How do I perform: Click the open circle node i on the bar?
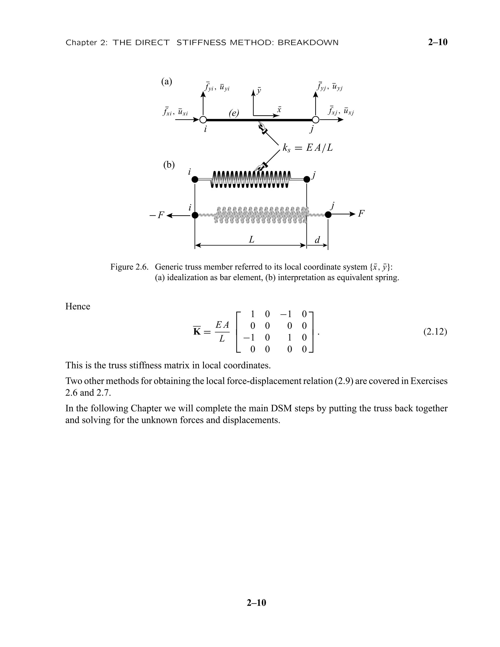pos(203,120)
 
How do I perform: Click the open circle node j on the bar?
pos(316,120)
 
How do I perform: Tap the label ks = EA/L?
pos(307,147)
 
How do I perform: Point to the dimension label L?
pos(251,239)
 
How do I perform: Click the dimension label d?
pos(317,240)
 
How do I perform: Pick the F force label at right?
pos(361,214)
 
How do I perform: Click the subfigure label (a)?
pos(167,82)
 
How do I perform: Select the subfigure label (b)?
pos(169,165)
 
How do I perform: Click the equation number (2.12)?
pos(435,332)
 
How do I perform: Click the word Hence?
pos(78,306)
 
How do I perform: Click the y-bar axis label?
pos(259,91)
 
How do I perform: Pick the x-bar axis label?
pos(279,110)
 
